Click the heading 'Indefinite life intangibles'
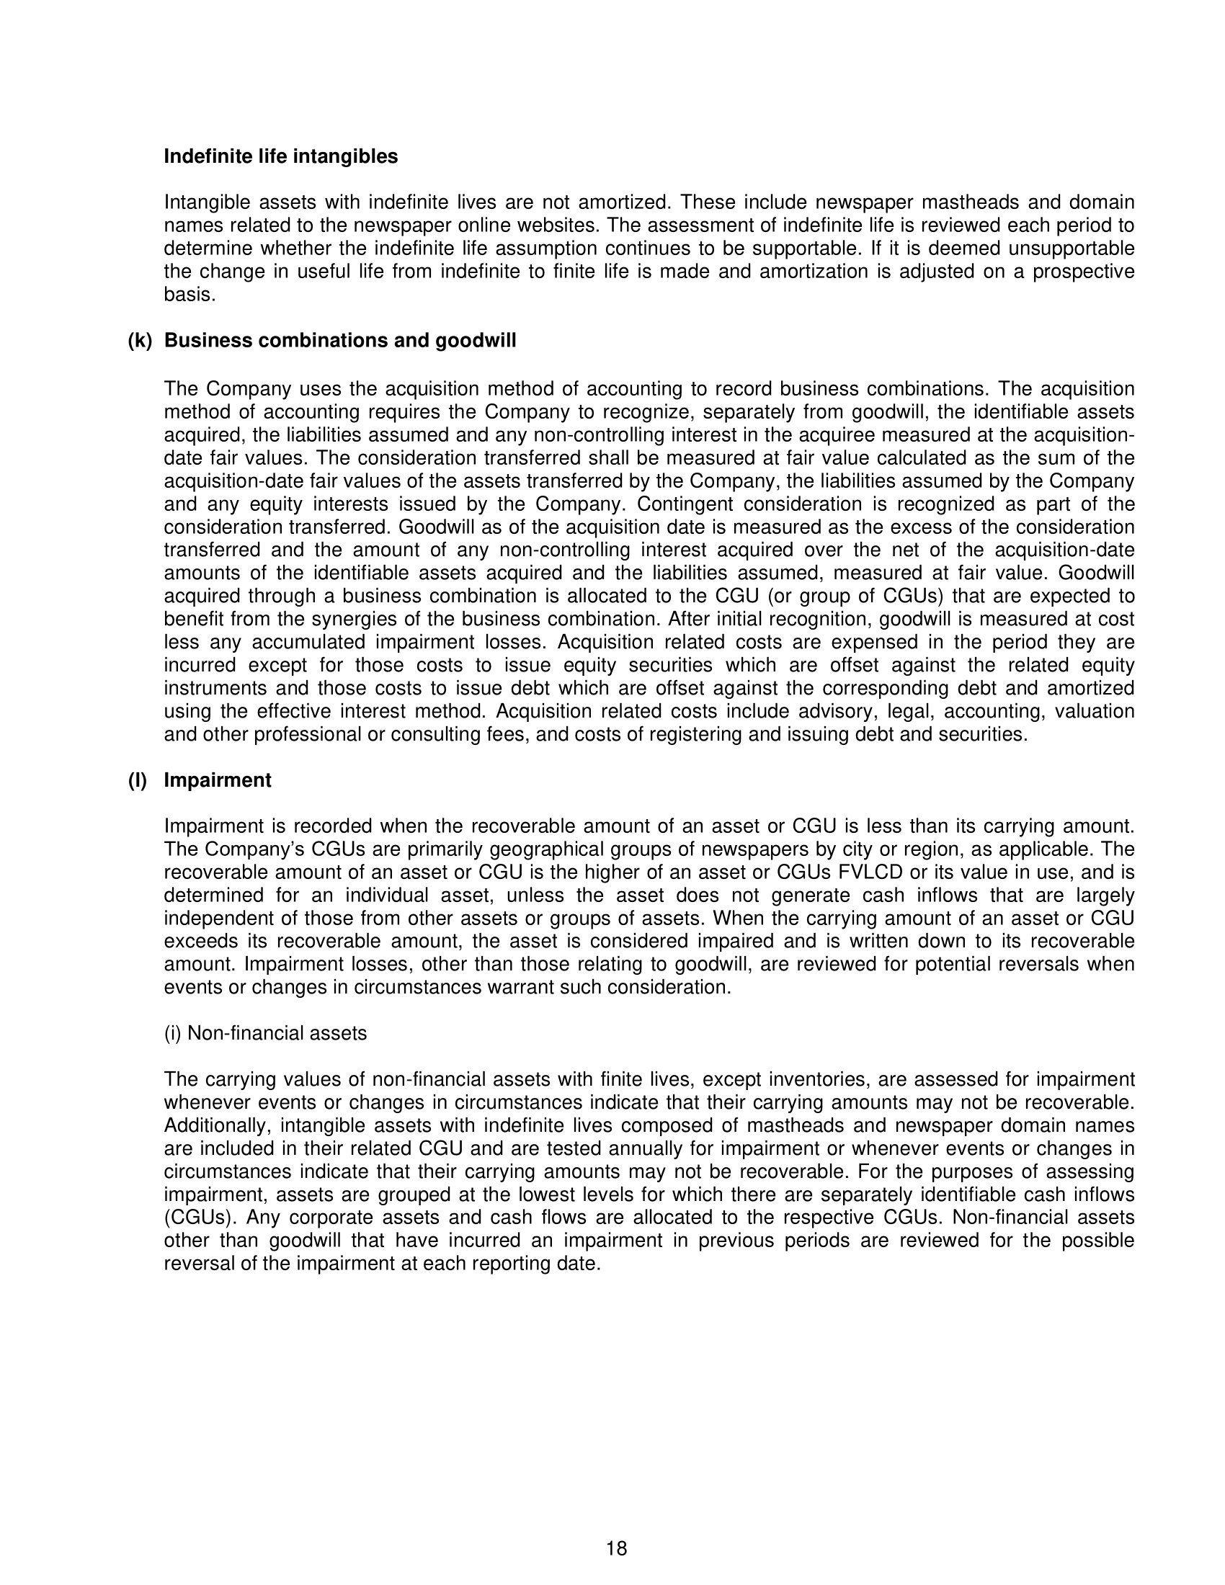pos(280,157)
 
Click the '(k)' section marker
pos(139,341)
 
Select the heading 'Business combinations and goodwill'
pos(339,341)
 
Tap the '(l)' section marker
pos(137,781)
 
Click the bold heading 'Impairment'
pos(218,781)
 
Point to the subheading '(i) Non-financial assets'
pos(265,1033)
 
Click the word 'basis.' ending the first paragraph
pos(190,295)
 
